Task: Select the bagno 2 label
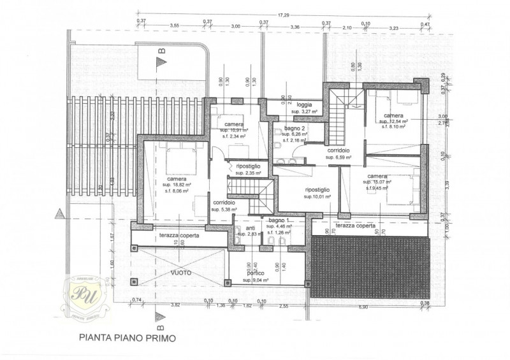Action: pyautogui.click(x=294, y=128)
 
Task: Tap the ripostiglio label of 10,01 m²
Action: pyautogui.click(x=317, y=190)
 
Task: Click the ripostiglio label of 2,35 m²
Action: pyautogui.click(x=248, y=166)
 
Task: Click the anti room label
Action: pyautogui.click(x=251, y=228)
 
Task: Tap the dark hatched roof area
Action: pyautogui.click(x=370, y=268)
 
